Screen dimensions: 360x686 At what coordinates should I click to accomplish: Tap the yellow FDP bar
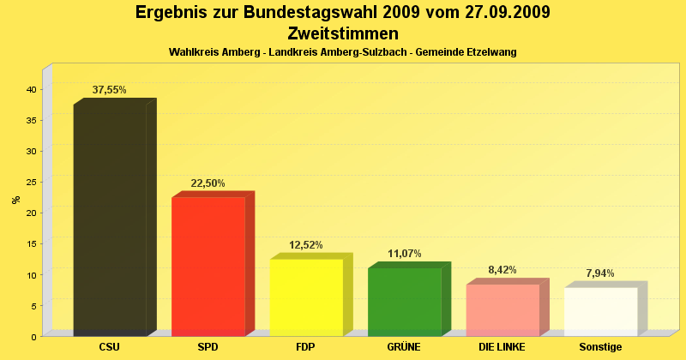(x=306, y=297)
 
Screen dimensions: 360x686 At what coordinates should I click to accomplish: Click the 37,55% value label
(x=110, y=90)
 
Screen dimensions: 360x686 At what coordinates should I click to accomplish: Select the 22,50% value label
(x=208, y=183)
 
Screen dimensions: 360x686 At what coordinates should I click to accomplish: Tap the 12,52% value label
(x=306, y=244)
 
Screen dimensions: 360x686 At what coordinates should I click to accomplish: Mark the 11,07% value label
(x=404, y=254)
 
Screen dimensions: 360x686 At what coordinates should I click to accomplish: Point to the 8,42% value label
(x=502, y=270)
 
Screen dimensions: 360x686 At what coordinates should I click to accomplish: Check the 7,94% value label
(x=600, y=273)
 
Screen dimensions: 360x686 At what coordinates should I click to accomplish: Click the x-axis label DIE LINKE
(x=502, y=347)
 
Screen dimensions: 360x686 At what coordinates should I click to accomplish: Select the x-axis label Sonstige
(x=600, y=347)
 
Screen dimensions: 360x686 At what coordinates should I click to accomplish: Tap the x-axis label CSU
(x=109, y=347)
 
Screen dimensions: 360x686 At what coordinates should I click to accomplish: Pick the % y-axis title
(x=15, y=200)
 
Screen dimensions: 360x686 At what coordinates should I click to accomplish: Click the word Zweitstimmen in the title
(x=343, y=33)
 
